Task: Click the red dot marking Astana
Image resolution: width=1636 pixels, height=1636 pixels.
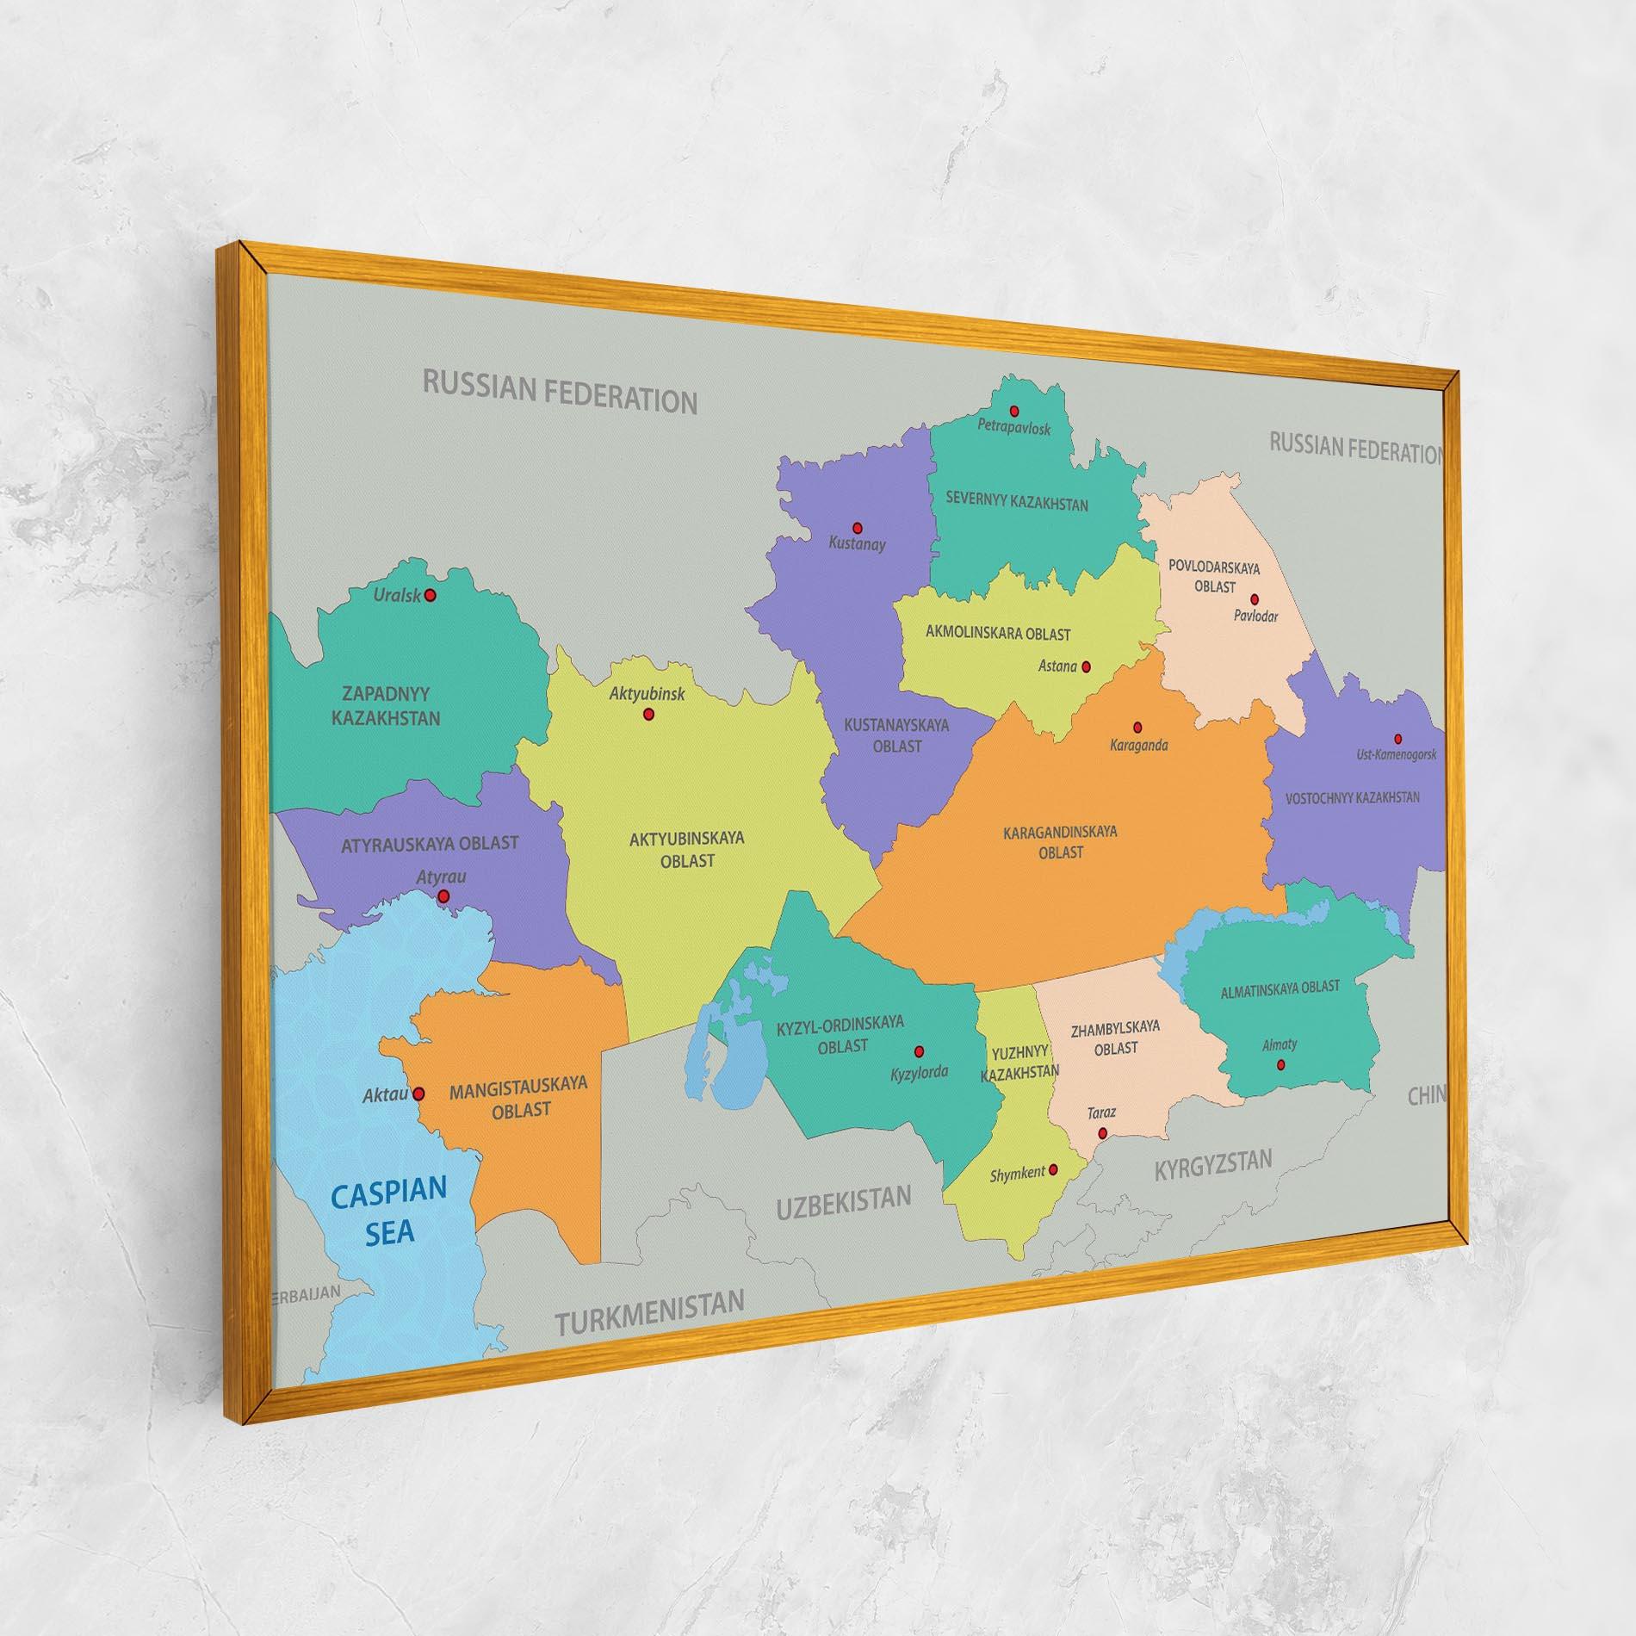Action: [x=1086, y=666]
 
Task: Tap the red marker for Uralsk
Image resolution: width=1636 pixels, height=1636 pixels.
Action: [x=431, y=595]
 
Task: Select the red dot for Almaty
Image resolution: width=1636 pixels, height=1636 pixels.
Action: [x=1280, y=1064]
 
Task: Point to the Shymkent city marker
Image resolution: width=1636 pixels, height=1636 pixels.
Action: [x=1053, y=1169]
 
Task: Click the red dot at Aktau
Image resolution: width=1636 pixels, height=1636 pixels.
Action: [x=418, y=1094]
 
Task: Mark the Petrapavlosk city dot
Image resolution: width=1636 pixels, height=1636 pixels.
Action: [x=1014, y=411]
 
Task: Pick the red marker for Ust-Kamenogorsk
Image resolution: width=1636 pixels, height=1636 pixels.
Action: [x=1397, y=739]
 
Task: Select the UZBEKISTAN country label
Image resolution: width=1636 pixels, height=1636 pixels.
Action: [x=843, y=1202]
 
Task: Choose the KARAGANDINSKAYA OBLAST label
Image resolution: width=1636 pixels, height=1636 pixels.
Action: [x=1060, y=841]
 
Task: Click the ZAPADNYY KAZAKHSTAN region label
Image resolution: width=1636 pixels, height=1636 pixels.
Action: [x=387, y=705]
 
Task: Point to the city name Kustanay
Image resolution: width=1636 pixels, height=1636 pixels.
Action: [x=857, y=544]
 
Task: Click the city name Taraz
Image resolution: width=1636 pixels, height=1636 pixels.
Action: [x=1101, y=1112]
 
